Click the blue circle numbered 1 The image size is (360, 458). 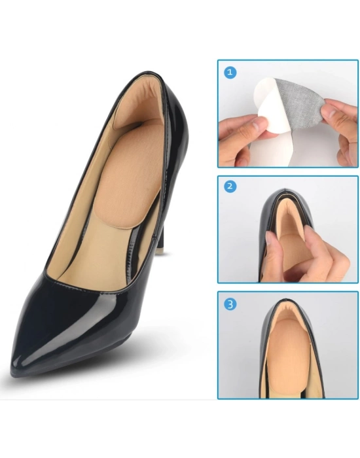[x=230, y=72]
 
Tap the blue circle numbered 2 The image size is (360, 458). [x=230, y=186]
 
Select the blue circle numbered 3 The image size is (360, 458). [x=230, y=304]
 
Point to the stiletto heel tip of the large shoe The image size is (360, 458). [x=159, y=252]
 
